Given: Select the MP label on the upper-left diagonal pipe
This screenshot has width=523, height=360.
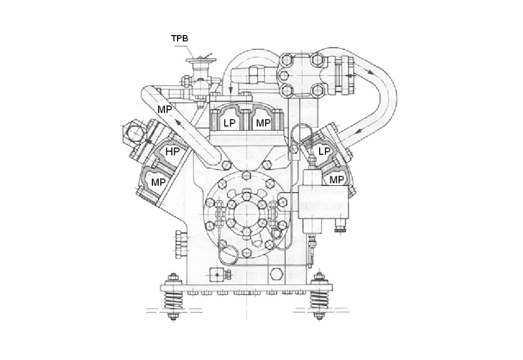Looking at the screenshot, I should point(166,109).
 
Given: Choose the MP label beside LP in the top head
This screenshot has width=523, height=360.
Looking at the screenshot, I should point(263,123).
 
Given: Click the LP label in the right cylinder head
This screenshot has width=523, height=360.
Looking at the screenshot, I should point(324,151).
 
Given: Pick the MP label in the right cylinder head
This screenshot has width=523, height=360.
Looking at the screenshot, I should point(336,180).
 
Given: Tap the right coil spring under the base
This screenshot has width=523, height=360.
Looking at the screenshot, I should point(320,299).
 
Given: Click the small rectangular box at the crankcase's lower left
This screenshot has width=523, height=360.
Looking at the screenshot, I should point(218,274).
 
